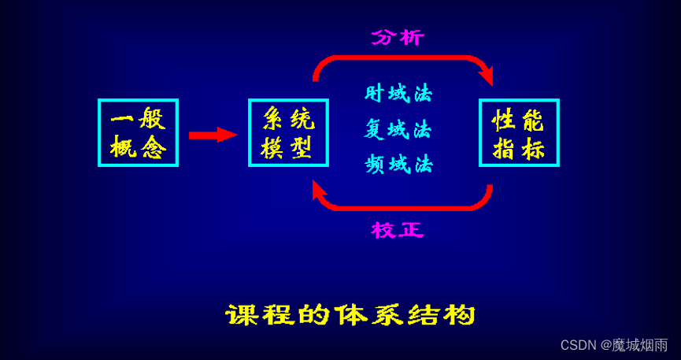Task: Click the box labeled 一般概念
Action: pos(138,132)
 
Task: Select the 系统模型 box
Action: pos(288,132)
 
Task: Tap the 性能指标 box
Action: pos(519,132)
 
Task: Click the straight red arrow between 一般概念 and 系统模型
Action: pos(212,135)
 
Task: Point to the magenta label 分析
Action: pos(398,37)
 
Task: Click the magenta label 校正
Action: pos(398,230)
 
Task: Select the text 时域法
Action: pos(398,94)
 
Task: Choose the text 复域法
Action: pos(398,129)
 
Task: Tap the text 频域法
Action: pos(398,164)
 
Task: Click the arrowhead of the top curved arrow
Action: pos(486,76)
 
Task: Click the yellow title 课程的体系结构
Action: pos(350,315)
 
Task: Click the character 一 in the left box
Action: pos(122,120)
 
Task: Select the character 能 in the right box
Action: pos(533,120)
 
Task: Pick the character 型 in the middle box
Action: pos(302,147)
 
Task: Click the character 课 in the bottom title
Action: pos(240,315)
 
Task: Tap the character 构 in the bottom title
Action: pos(461,315)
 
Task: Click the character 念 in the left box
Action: pos(151,147)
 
